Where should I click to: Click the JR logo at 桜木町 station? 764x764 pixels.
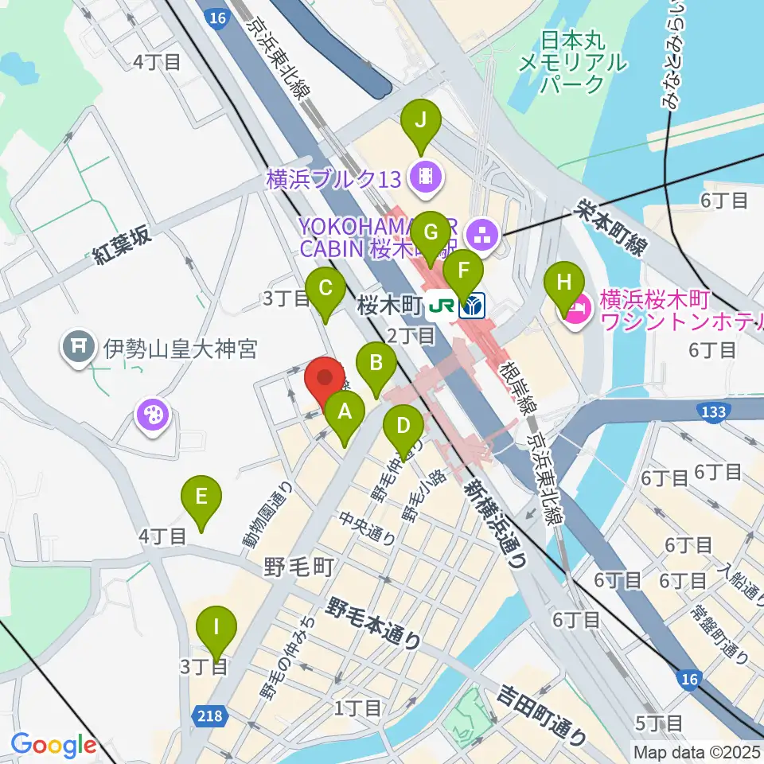[441, 306]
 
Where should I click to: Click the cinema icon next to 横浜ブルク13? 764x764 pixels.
[425, 177]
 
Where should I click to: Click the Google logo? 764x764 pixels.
[53, 745]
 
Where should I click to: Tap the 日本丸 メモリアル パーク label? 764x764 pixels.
[572, 61]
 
